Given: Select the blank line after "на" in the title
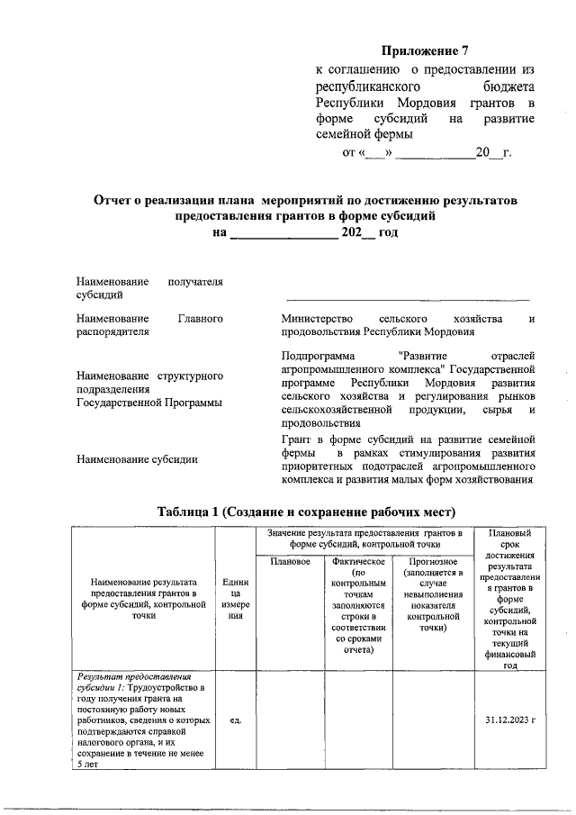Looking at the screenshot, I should (x=283, y=233).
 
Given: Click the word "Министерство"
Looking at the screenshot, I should (x=320, y=319).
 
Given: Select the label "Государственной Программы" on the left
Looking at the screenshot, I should (x=149, y=403).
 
